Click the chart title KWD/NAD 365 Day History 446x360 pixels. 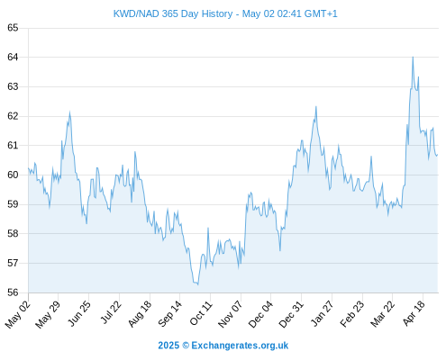coord(173,13)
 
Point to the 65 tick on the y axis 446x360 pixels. coord(13,28)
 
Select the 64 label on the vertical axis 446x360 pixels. coord(13,57)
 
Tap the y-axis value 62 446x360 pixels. coord(13,116)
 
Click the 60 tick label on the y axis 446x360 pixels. coord(13,175)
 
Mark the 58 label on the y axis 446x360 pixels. coord(13,233)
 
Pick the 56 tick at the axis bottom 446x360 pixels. coord(13,292)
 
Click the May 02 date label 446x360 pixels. coord(18,314)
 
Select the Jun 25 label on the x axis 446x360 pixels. coord(79,313)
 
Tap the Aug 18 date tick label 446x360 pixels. coord(140,314)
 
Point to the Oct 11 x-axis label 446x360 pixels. coord(201,313)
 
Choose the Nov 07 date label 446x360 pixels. coord(230,314)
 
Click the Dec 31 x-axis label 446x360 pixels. coord(291,314)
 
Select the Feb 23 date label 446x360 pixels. coord(352,314)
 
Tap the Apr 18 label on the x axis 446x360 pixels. coord(414,313)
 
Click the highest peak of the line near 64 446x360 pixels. coord(413,57)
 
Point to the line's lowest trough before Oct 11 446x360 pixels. coord(197,284)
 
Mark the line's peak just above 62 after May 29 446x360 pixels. coord(69,112)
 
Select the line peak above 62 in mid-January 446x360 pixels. coord(316,106)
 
